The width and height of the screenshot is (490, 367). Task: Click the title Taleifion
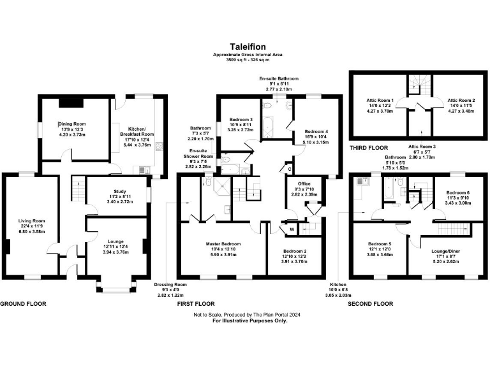[244, 47]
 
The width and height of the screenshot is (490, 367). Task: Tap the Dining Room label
[72, 124]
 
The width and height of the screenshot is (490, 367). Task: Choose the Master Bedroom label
[220, 244]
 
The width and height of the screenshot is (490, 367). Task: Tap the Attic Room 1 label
[380, 100]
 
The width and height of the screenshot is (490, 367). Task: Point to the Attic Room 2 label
[459, 100]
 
